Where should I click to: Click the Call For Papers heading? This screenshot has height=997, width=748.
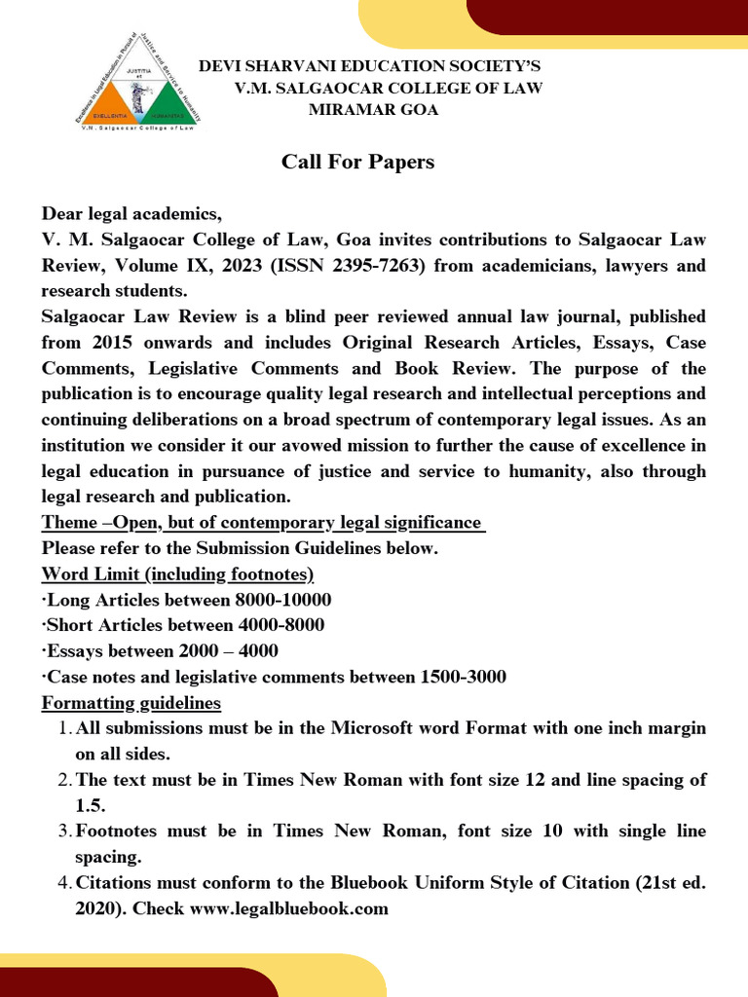tap(357, 162)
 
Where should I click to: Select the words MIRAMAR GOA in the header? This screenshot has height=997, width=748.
tap(373, 110)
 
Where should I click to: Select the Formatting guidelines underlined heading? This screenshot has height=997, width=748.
tap(131, 702)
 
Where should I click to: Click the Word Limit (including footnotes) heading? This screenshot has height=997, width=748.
tap(177, 573)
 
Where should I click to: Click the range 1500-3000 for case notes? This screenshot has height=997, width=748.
tap(457, 677)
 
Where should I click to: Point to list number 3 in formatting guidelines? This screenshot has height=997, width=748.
tap(60, 831)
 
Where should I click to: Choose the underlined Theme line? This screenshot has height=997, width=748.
tap(263, 523)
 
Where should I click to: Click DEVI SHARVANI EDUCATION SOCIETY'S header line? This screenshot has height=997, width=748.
tap(369, 66)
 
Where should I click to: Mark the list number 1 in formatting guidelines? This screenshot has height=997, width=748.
tap(60, 728)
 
